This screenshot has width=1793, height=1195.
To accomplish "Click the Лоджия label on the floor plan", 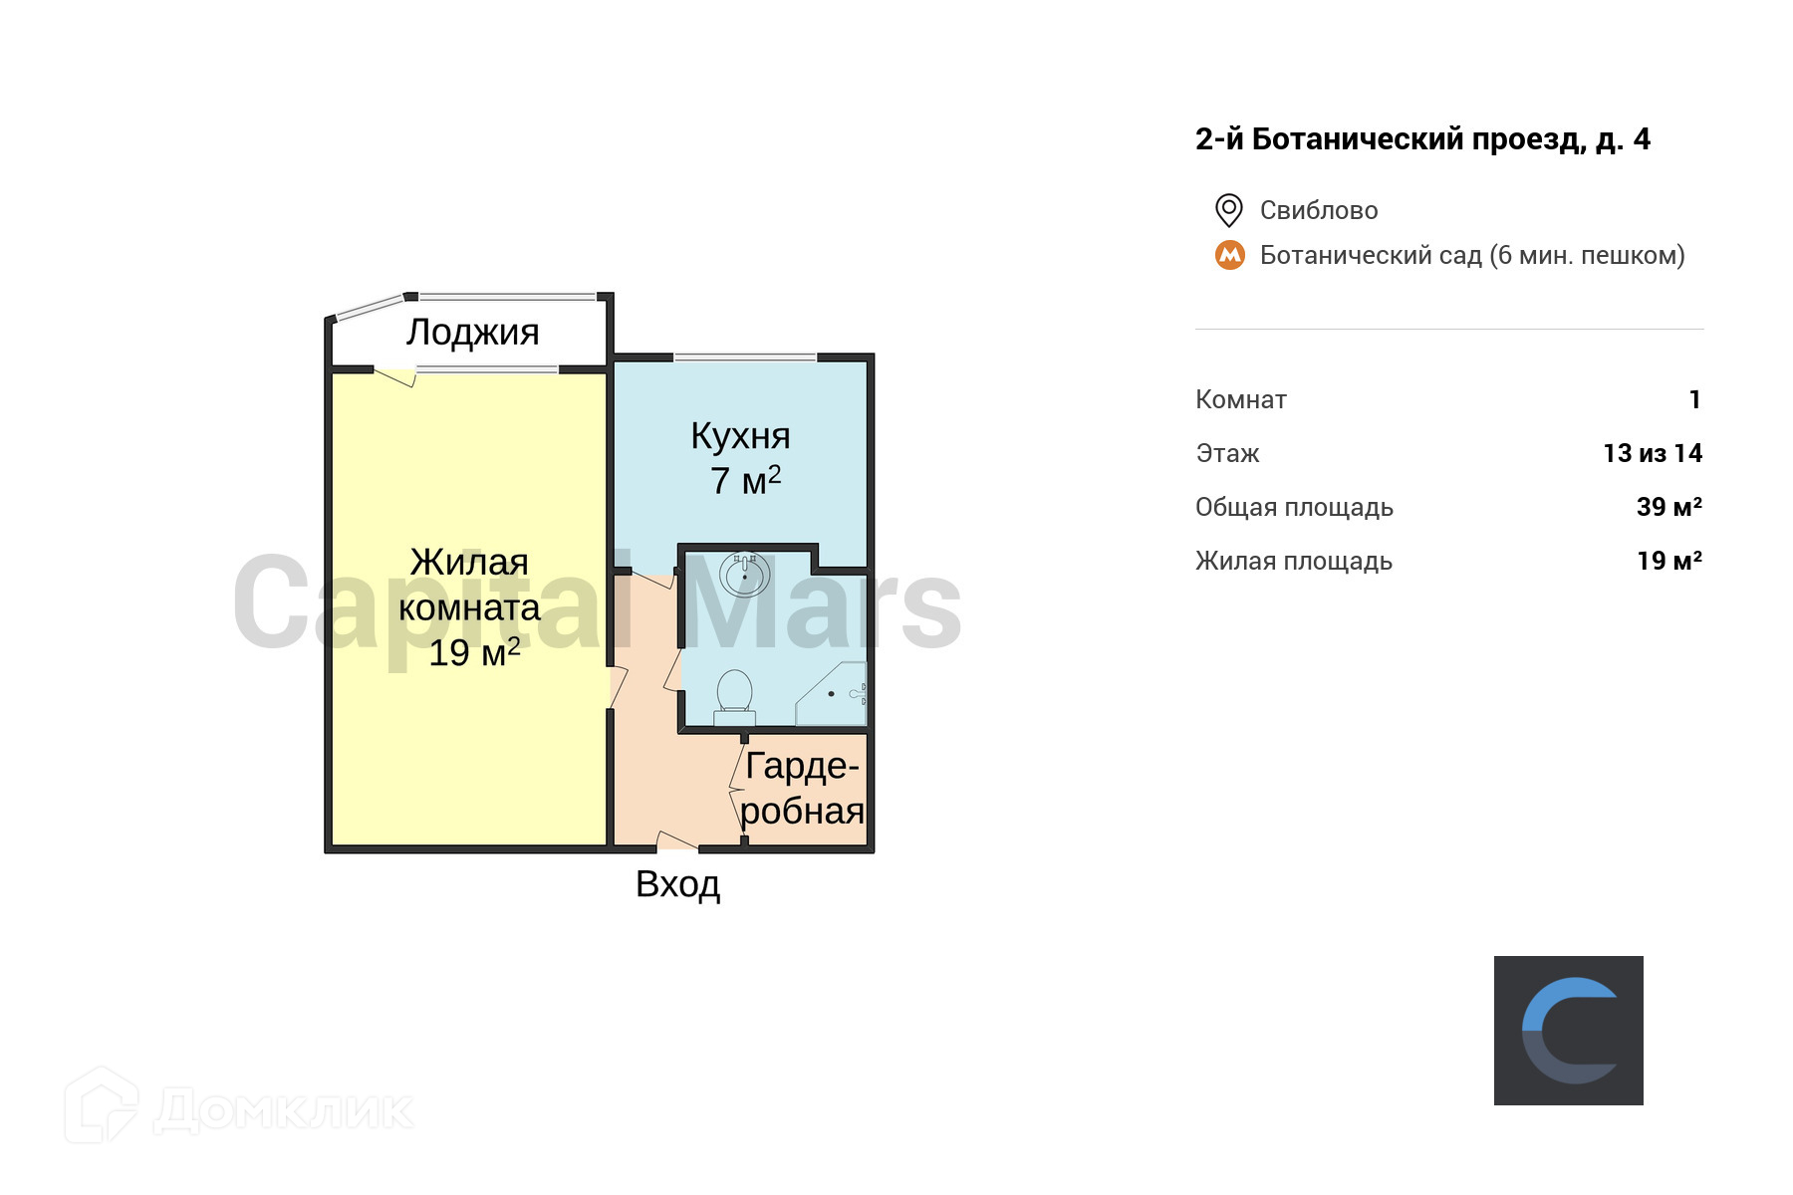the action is point(472,333).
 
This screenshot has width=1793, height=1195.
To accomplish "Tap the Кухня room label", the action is point(740,436).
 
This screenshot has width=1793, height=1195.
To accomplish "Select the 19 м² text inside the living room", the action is point(474,652).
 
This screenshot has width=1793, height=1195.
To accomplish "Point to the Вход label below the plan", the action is point(677,884).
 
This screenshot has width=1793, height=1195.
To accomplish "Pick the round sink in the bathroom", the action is point(744,575).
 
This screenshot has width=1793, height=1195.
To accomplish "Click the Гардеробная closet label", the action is point(802,788).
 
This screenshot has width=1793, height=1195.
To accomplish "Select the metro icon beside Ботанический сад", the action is point(1230,255).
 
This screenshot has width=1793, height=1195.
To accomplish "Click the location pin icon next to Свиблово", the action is point(1228,210).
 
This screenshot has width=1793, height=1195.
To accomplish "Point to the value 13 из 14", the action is point(1653,453).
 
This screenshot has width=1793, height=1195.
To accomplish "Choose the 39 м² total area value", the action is point(1668,507).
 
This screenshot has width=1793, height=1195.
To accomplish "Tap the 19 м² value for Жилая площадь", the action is point(1668,561).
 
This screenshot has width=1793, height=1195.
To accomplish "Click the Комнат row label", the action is point(1240,399).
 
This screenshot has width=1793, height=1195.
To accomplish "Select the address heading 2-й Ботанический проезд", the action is point(1421,139).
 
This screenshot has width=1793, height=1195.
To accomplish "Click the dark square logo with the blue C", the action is point(1568,1030).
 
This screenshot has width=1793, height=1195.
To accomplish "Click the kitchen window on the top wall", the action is point(745,357).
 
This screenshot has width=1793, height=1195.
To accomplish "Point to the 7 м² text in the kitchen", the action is point(745,480).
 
